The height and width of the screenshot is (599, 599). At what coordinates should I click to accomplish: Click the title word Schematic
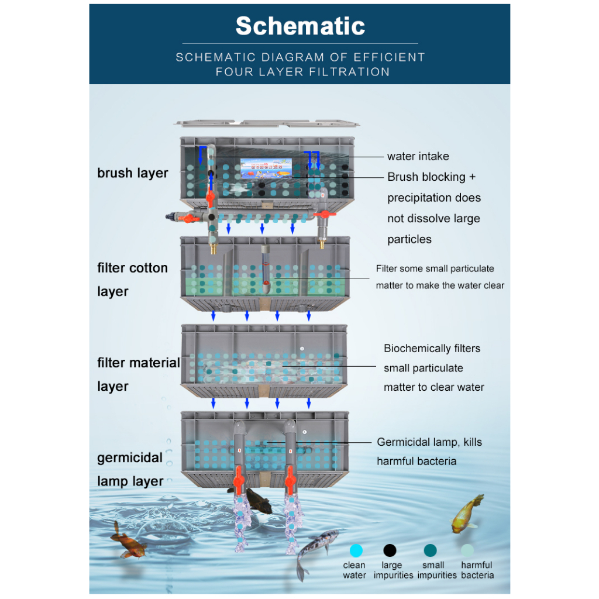[300, 26]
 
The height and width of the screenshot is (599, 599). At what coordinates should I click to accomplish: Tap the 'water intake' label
[418, 156]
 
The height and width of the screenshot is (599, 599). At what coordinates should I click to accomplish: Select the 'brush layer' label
[133, 173]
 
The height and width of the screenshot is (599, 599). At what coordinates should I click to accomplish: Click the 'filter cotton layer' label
[132, 280]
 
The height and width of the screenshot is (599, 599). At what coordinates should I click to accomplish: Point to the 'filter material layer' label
[138, 374]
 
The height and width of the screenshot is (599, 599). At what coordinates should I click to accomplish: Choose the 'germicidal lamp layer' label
[130, 469]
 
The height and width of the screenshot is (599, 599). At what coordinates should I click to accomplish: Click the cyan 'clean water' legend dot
[355, 550]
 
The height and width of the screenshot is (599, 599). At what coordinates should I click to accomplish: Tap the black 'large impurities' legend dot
[390, 550]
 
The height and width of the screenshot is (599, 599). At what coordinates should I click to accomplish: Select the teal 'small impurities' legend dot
[430, 550]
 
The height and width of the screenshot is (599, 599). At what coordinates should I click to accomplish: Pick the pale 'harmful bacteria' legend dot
[467, 550]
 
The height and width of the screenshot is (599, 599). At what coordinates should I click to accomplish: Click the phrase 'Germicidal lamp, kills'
[429, 442]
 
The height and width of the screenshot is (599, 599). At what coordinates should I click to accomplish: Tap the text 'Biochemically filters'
[432, 349]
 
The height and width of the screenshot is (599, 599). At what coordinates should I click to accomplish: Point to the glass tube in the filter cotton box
[266, 270]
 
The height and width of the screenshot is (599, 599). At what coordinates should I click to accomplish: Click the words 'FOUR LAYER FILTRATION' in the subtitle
[302, 72]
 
